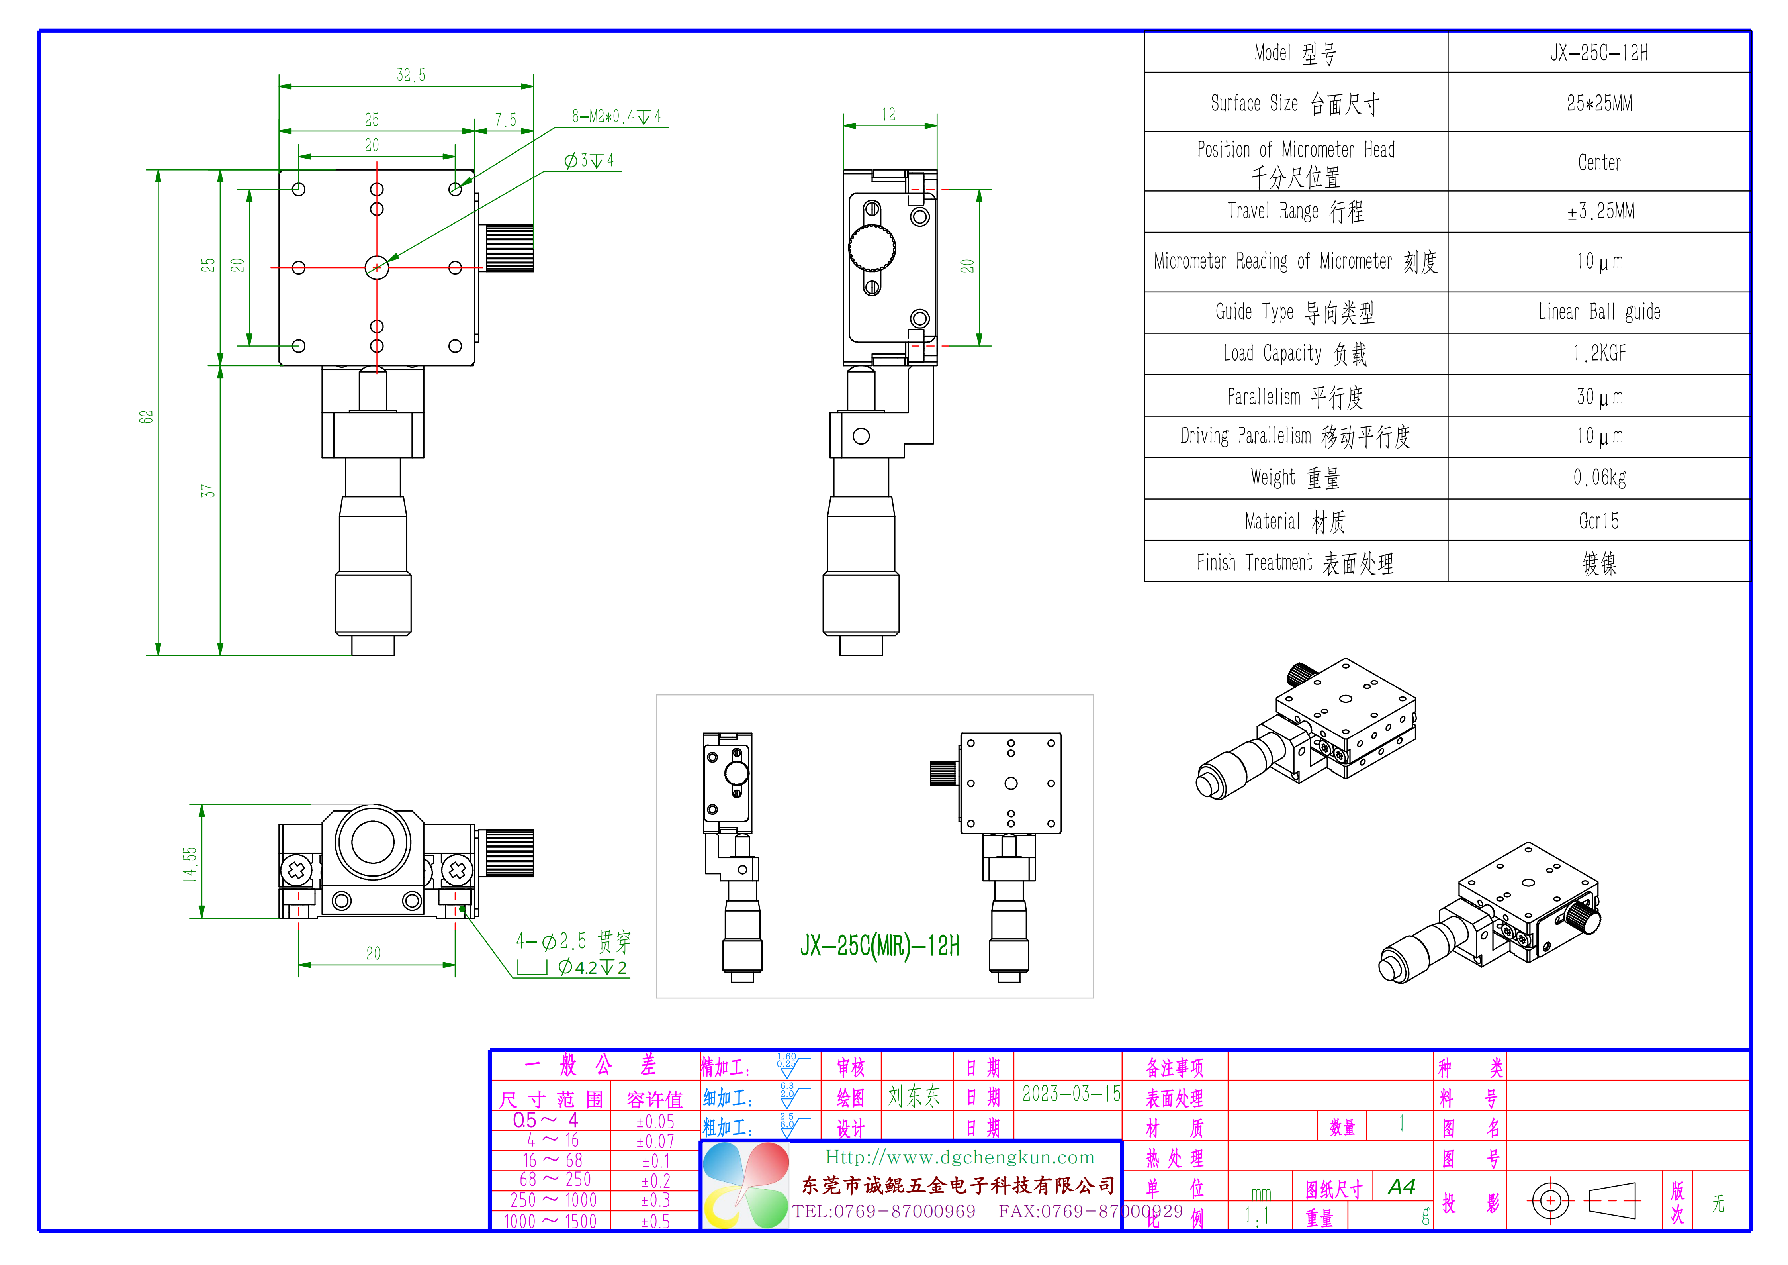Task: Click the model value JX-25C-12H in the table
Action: pos(1599,53)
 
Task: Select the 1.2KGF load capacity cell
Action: pos(1599,354)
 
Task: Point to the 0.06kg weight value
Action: pos(1599,477)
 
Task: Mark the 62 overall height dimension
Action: pos(147,417)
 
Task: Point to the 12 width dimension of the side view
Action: pos(888,114)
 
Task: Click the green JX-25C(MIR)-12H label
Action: pos(879,945)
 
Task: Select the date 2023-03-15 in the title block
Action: pos(1071,1094)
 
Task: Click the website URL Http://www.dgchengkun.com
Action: pos(959,1157)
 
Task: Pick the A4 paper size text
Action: pos(1401,1187)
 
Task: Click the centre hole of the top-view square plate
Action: pos(377,267)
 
